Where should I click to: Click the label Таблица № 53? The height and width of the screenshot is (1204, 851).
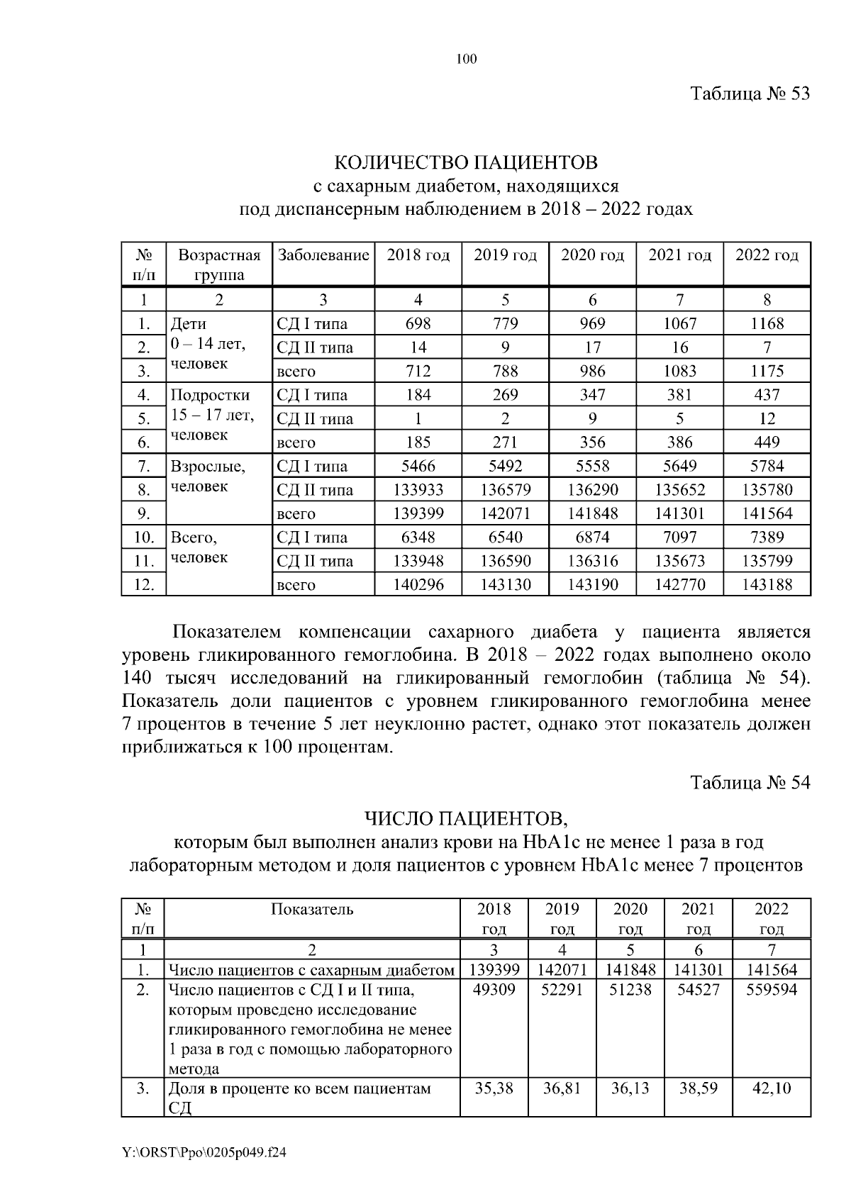pyautogui.click(x=750, y=94)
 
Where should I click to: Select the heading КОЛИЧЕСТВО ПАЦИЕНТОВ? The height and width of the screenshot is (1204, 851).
pyautogui.click(x=466, y=163)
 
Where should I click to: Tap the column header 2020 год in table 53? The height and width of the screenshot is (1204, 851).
pyautogui.click(x=592, y=255)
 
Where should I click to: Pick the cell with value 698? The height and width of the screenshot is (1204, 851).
pyautogui.click(x=418, y=324)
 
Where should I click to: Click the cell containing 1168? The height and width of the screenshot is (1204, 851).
pyautogui.click(x=767, y=324)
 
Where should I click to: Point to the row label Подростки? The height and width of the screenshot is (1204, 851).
pyautogui.click(x=210, y=395)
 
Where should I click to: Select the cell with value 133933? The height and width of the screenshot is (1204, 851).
pyautogui.click(x=418, y=490)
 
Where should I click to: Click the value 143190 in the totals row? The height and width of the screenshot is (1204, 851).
pyautogui.click(x=592, y=585)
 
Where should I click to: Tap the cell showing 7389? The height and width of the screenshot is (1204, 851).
pyautogui.click(x=767, y=537)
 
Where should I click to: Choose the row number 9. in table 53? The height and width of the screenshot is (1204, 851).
pyautogui.click(x=143, y=514)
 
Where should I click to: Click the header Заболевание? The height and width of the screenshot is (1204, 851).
pyautogui.click(x=323, y=255)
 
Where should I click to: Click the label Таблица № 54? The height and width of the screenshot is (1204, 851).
pyautogui.click(x=750, y=783)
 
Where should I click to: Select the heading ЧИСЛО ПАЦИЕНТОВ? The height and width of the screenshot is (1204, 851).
pyautogui.click(x=466, y=820)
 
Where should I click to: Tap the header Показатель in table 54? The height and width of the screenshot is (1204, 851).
pyautogui.click(x=312, y=910)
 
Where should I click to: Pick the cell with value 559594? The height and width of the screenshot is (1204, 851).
pyautogui.click(x=772, y=990)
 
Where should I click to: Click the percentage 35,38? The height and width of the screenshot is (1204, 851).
pyautogui.click(x=494, y=1088)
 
